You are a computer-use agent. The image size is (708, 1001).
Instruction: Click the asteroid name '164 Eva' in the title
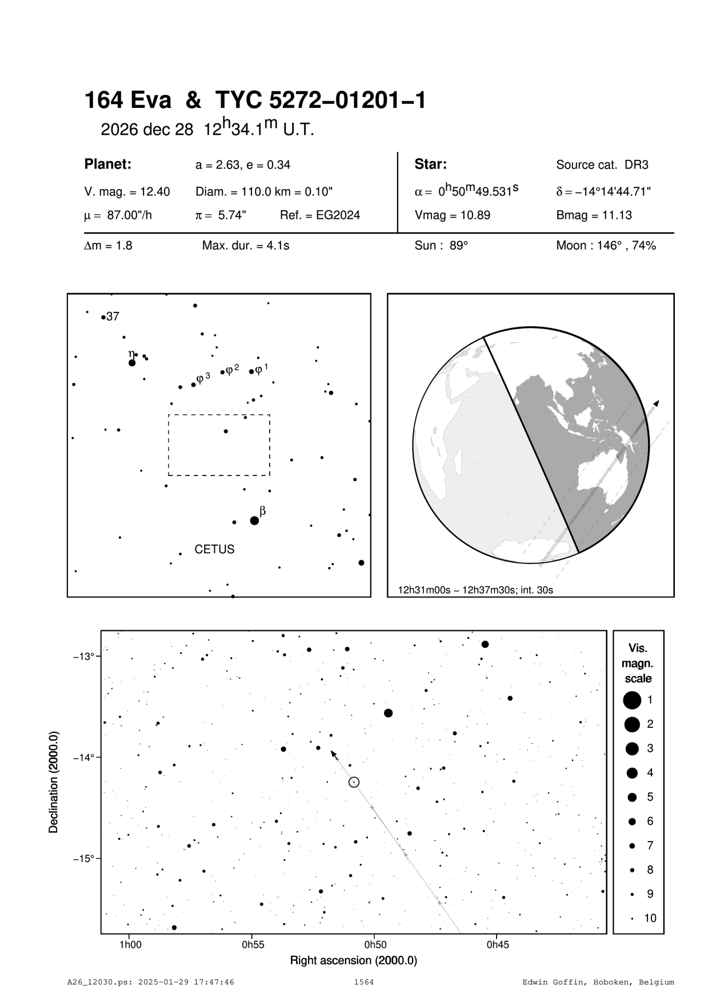(127, 101)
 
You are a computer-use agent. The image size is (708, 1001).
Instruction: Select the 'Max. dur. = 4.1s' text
(246, 246)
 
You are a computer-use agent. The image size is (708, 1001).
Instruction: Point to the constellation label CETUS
(214, 549)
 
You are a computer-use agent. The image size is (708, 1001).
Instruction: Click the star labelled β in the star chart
(254, 520)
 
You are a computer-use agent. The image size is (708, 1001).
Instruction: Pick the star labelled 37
(103, 317)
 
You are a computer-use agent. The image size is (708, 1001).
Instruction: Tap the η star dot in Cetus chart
(132, 363)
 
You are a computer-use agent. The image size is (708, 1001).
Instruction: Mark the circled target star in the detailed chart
(354, 782)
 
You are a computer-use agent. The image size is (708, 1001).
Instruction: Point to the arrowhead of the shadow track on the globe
(657, 403)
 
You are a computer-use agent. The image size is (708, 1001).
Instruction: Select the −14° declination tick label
(83, 758)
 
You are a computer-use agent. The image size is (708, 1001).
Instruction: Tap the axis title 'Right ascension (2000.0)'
(353, 960)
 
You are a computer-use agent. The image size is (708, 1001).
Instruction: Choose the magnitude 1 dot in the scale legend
(632, 699)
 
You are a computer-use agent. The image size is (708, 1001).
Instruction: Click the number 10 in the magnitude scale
(650, 918)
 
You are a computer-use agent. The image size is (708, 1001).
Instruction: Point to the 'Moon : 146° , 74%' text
(606, 246)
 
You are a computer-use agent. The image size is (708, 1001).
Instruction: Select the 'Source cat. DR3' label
(602, 165)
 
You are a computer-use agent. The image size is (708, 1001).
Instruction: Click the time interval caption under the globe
(475, 590)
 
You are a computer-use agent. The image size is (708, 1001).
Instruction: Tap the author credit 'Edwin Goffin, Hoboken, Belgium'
(598, 982)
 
